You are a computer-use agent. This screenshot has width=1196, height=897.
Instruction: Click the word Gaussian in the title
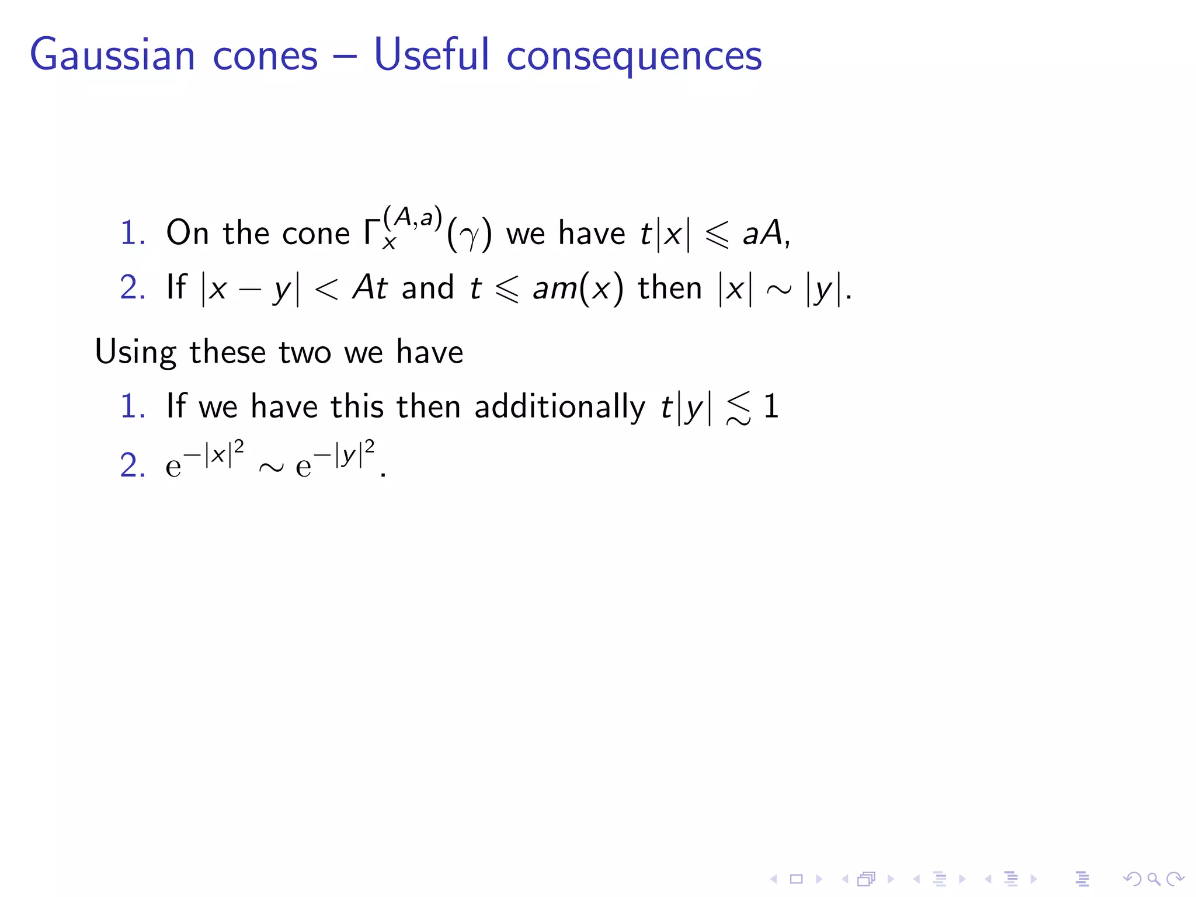pyautogui.click(x=112, y=55)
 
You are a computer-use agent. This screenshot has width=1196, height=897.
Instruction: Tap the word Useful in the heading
pyautogui.click(x=432, y=54)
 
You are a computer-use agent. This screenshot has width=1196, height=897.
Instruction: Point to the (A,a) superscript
pyautogui.click(x=412, y=217)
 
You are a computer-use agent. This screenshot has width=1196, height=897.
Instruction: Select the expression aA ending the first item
pyautogui.click(x=762, y=232)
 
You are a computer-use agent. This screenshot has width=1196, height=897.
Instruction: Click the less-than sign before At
pyautogui.click(x=326, y=288)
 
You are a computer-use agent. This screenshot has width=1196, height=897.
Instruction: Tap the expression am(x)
pyautogui.click(x=578, y=288)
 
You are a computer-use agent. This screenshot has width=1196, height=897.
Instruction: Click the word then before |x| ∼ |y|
pyautogui.click(x=669, y=288)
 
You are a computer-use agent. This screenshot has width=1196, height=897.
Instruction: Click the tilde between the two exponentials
pyautogui.click(x=271, y=467)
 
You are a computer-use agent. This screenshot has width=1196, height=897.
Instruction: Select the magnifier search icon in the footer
pyautogui.click(x=1153, y=878)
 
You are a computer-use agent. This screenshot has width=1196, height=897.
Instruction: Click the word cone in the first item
pyautogui.click(x=316, y=232)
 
